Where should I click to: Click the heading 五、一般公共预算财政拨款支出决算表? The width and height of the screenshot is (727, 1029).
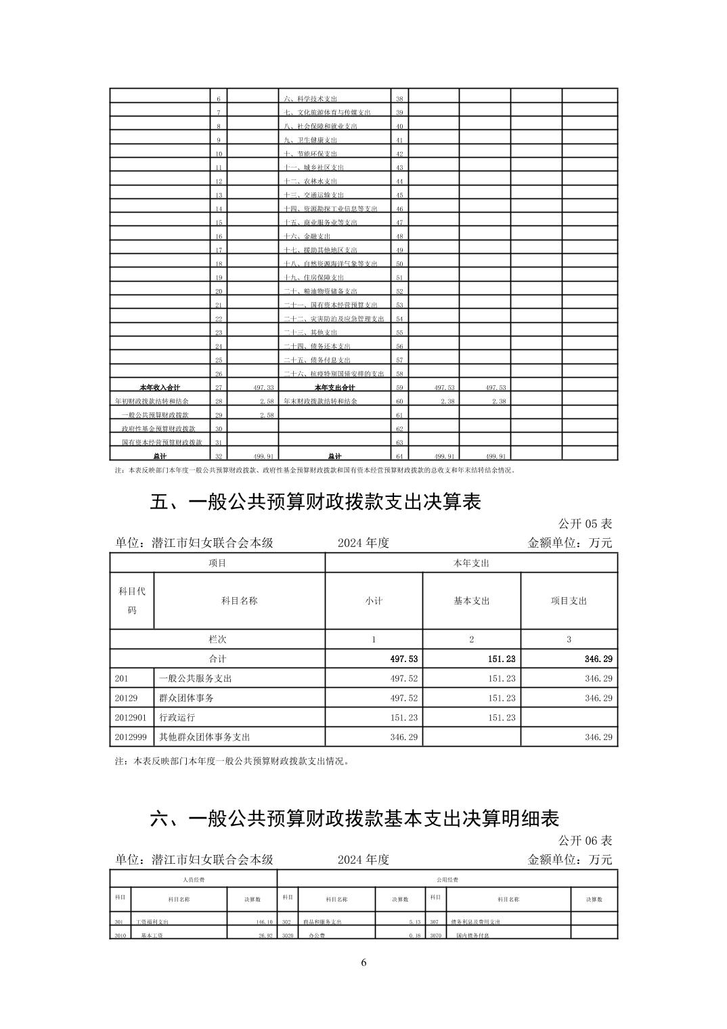(x=315, y=502)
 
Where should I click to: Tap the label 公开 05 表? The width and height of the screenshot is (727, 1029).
(x=585, y=524)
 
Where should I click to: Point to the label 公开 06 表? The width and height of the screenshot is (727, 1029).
(x=585, y=840)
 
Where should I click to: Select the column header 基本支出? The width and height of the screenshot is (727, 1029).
(x=471, y=601)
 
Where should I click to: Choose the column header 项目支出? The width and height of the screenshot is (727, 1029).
(x=569, y=601)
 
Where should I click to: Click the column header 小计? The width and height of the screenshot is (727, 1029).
(x=374, y=601)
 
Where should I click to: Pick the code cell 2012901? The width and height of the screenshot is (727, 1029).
(x=131, y=718)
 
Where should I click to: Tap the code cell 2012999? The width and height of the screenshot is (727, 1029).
(x=131, y=737)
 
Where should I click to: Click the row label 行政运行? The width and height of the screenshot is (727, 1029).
(x=177, y=718)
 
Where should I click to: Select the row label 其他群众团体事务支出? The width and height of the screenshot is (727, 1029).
(x=204, y=737)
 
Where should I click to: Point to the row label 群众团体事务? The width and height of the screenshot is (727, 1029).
(x=186, y=698)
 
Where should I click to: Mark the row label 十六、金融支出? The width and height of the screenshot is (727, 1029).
(x=307, y=236)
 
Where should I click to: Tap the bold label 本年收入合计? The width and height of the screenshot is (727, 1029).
(x=160, y=388)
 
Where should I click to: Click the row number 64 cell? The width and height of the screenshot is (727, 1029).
(x=399, y=456)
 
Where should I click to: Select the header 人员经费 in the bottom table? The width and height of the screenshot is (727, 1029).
(x=194, y=879)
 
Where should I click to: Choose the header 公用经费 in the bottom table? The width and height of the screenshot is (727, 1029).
(x=447, y=879)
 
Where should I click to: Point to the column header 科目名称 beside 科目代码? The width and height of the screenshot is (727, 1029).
(x=239, y=601)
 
